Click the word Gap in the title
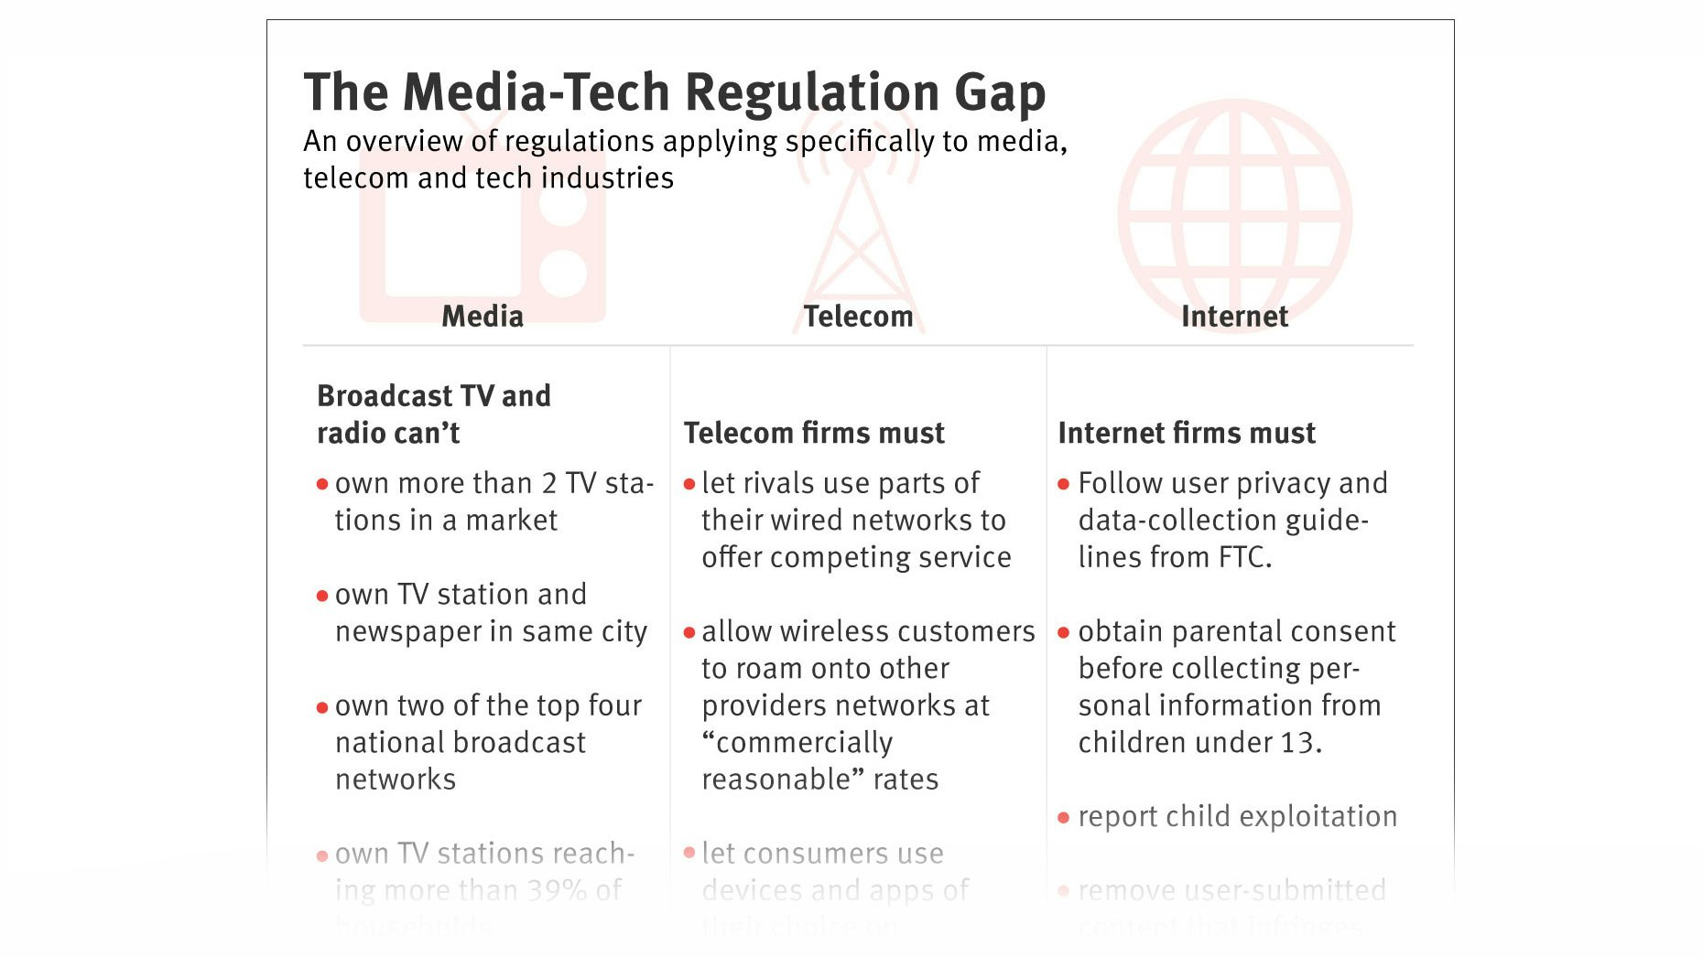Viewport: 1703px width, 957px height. coord(1000,93)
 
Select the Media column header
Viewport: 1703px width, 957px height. coord(483,317)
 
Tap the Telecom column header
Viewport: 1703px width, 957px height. coord(858,317)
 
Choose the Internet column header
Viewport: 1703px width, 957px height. coord(1234,317)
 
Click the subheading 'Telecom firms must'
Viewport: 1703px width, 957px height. coord(814,433)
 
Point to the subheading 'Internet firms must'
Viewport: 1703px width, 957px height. coord(1187,433)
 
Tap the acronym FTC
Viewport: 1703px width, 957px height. coord(1242,557)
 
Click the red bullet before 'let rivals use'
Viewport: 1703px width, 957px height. coord(689,484)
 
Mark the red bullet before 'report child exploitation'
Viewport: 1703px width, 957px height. coord(1063,818)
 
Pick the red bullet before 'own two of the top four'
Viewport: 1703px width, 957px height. coord(322,707)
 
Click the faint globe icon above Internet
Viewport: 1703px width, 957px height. coord(1234,206)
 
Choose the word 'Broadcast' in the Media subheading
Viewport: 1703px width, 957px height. coord(385,396)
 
